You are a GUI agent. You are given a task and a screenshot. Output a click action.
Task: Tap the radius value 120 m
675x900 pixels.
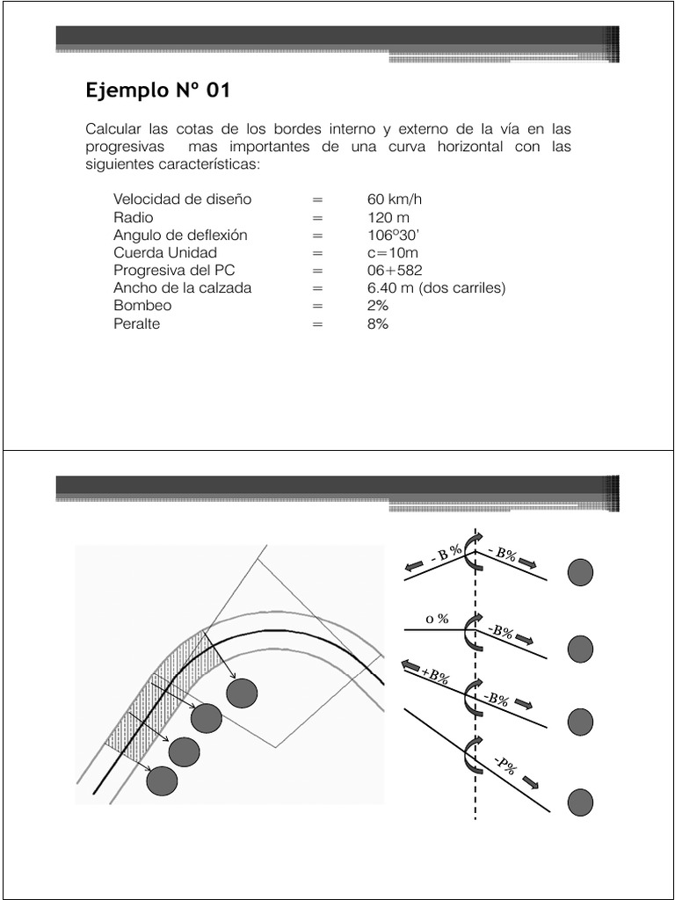click(x=388, y=217)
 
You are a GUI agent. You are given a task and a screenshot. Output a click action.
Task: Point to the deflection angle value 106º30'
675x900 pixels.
click(x=394, y=235)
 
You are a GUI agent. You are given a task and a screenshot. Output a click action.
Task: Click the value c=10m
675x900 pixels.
click(x=392, y=253)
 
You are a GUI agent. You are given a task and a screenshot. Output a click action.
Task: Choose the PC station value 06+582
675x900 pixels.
click(x=396, y=271)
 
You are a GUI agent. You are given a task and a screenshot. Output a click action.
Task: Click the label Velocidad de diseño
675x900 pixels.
click(x=182, y=200)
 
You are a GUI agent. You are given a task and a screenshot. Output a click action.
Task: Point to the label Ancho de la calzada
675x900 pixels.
click(x=182, y=288)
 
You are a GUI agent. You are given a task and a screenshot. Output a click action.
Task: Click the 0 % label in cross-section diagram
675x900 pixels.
click(x=438, y=619)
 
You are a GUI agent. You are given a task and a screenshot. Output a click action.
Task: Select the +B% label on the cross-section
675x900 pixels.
click(x=436, y=676)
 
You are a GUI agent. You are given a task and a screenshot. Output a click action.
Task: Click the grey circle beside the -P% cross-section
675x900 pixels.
click(x=580, y=802)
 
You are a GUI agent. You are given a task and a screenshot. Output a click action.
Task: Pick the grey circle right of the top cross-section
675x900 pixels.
click(x=580, y=573)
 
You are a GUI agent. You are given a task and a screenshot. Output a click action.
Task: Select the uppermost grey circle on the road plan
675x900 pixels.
click(x=242, y=693)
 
